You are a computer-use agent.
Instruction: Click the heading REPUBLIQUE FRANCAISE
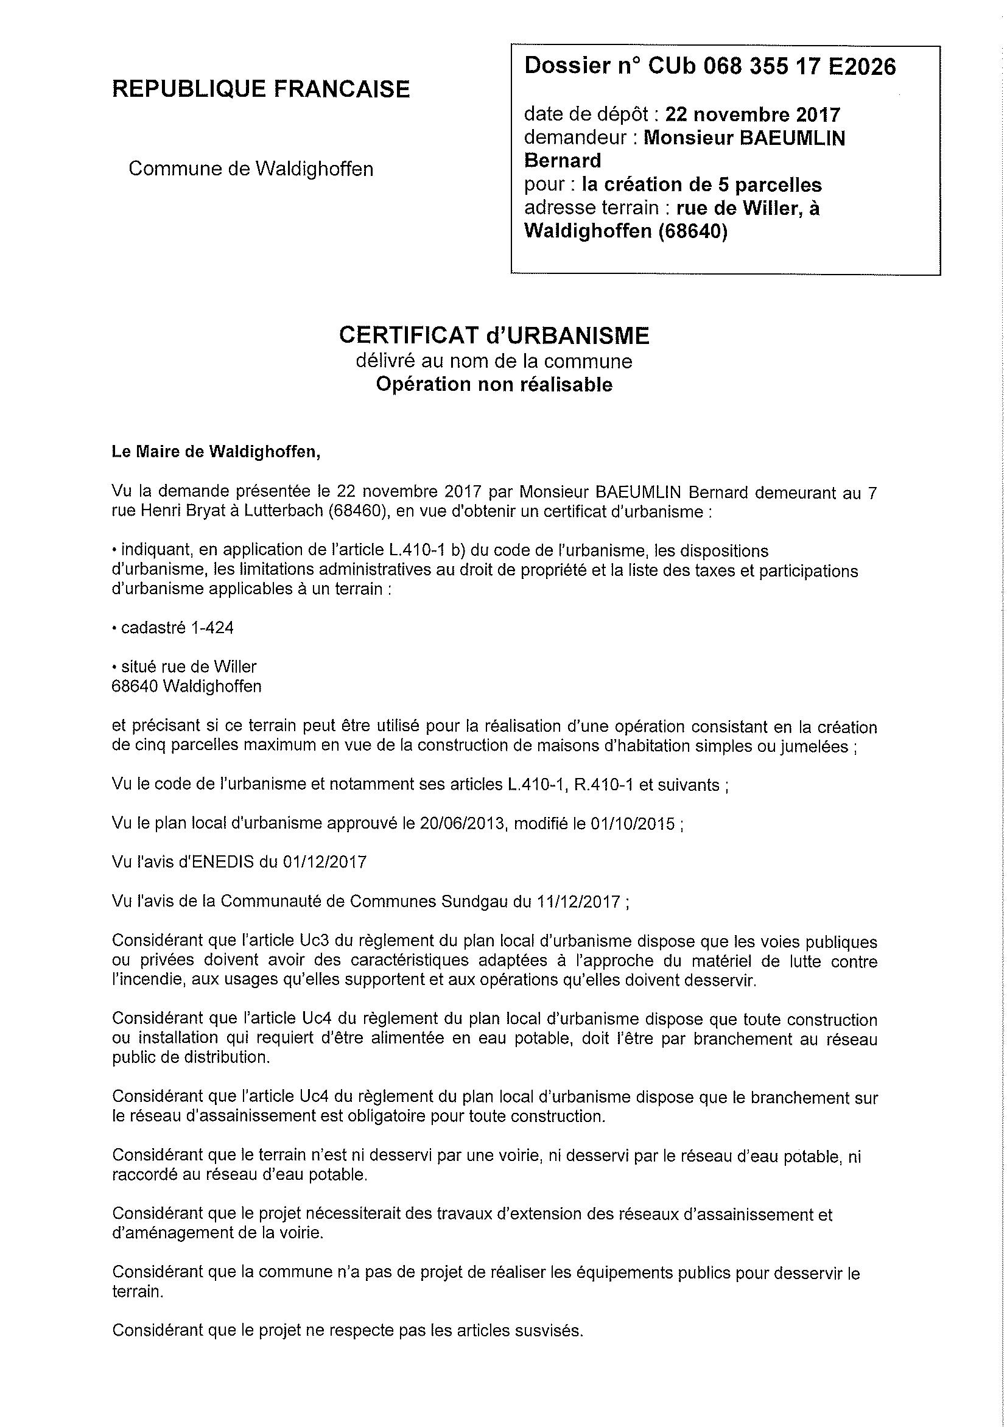tap(261, 89)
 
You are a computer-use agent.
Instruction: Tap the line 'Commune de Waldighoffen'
tap(250, 169)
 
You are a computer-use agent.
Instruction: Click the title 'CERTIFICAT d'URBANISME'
tap(494, 335)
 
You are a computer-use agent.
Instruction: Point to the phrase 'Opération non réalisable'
tap(494, 385)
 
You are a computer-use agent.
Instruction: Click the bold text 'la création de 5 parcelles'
tap(701, 184)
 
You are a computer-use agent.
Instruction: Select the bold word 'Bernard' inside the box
tap(563, 161)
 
